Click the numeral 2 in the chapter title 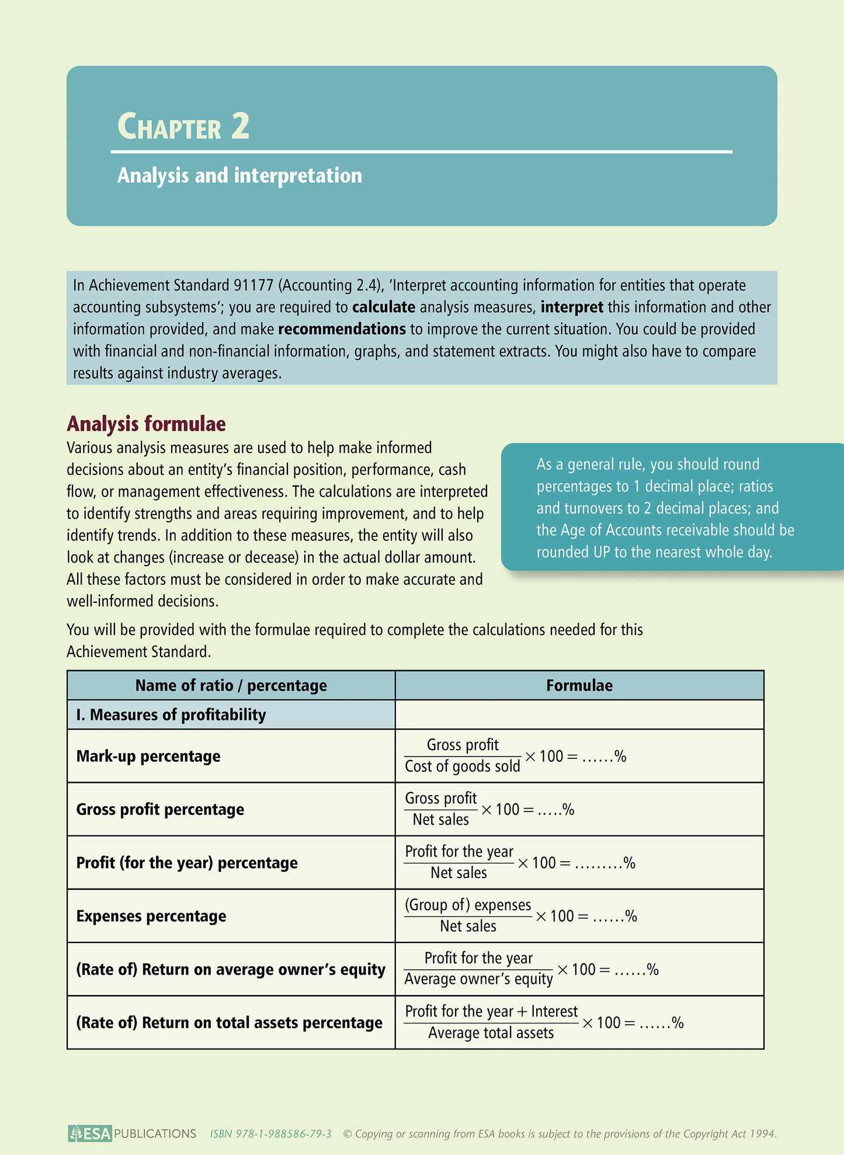240,126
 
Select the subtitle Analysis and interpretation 239,175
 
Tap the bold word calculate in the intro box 384,307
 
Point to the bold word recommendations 342,329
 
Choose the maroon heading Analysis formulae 146,424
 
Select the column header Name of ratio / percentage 231,685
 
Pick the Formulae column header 579,685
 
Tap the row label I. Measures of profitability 171,714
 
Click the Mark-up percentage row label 148,756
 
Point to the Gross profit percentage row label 160,810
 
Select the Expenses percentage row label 151,916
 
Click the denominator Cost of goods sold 462,766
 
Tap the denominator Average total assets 491,1033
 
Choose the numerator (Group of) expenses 468,905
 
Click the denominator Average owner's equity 478,979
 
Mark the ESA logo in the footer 89,1134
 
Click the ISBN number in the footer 271,1134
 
